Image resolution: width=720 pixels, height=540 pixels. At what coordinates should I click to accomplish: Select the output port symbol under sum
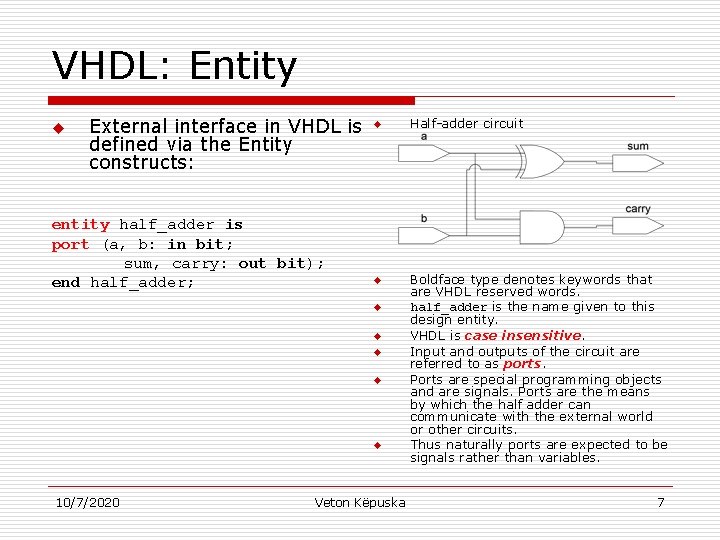click(638, 161)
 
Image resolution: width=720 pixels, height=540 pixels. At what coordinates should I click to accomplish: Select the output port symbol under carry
click(638, 226)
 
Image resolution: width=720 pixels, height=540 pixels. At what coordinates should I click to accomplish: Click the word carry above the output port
click(637, 209)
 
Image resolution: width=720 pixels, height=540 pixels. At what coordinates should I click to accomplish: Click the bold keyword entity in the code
click(80, 225)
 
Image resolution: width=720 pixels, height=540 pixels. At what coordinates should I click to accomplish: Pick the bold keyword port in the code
click(70, 244)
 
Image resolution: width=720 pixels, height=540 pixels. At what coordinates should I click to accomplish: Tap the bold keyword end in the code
click(65, 282)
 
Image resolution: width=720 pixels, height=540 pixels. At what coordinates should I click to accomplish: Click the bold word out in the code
click(252, 263)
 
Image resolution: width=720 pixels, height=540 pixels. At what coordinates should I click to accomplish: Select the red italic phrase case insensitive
click(522, 336)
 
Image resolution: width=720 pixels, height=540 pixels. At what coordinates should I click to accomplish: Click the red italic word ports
click(521, 364)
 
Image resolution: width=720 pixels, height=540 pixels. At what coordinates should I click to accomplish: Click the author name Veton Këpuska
click(360, 502)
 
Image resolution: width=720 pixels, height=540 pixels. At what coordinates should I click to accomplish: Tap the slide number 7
click(660, 502)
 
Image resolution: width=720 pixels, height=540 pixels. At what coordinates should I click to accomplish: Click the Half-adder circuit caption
click(466, 124)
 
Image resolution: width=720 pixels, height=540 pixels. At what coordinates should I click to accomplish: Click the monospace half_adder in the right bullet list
click(448, 307)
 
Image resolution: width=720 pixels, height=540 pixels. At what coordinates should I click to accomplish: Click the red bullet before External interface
click(58, 128)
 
